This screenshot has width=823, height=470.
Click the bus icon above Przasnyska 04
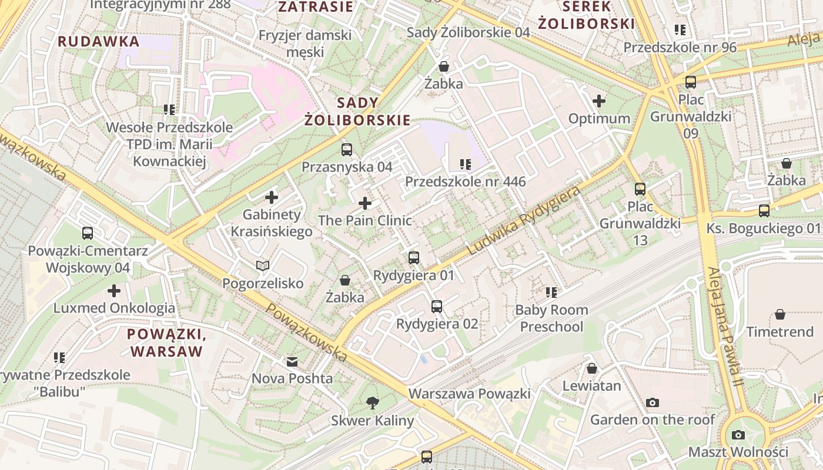[x=346, y=149]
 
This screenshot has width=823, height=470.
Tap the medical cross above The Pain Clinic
[x=365, y=204]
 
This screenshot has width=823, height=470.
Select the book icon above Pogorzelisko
[x=263, y=266]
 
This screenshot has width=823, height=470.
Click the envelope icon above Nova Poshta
[x=292, y=361]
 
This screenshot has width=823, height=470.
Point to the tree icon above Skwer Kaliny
[x=372, y=403]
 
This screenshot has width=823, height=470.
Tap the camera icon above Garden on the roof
[x=652, y=402]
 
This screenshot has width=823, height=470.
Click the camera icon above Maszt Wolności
[x=738, y=435]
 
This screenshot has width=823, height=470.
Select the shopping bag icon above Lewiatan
[x=592, y=368]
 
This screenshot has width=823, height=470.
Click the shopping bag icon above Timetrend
[x=779, y=314]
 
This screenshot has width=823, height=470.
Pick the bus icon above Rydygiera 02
[x=436, y=306]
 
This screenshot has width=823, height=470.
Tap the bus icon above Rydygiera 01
[x=414, y=257]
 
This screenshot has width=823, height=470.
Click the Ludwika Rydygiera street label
[x=524, y=221]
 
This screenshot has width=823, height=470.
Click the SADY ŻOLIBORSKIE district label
[x=357, y=112]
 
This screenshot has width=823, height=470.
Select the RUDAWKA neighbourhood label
[x=99, y=42]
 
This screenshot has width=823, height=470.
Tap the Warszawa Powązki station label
[x=469, y=394]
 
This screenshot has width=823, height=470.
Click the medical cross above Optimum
[x=599, y=101]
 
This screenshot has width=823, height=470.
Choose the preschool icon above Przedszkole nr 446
[x=466, y=164]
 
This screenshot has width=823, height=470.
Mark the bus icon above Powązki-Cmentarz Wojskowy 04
[x=88, y=233]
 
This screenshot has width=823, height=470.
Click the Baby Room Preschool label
[x=551, y=318]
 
